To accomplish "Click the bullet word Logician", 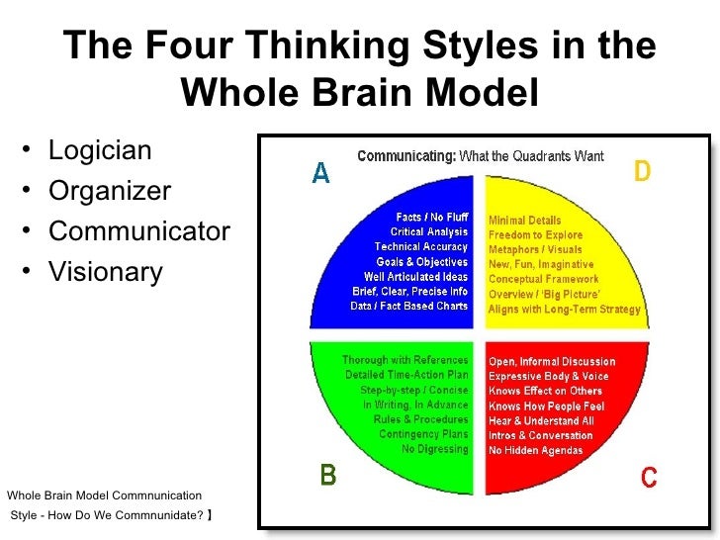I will [100, 151].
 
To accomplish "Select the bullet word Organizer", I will [110, 191].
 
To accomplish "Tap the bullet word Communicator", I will [138, 231].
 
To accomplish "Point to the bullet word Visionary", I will [105, 271].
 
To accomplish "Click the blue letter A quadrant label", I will [320, 173].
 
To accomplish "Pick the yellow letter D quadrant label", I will [642, 172].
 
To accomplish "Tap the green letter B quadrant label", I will [326, 477].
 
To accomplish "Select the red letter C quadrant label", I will [649, 478].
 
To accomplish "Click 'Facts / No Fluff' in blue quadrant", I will [431, 217].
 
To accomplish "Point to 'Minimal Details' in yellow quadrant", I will [524, 221].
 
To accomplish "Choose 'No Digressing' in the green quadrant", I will [435, 449].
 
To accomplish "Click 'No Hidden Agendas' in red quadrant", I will [536, 450].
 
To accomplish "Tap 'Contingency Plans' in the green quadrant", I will [423, 434].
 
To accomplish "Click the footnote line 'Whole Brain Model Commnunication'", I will [104, 495].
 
